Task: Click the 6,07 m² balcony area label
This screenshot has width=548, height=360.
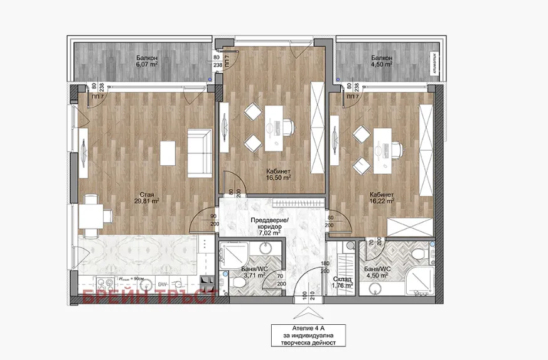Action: tap(146, 60)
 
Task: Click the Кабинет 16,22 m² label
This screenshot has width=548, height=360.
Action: tap(382, 198)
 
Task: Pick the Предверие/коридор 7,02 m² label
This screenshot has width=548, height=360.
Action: tap(269, 226)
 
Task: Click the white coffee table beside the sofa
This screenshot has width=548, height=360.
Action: tap(168, 153)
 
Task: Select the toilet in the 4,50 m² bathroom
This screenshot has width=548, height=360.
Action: tap(419, 253)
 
